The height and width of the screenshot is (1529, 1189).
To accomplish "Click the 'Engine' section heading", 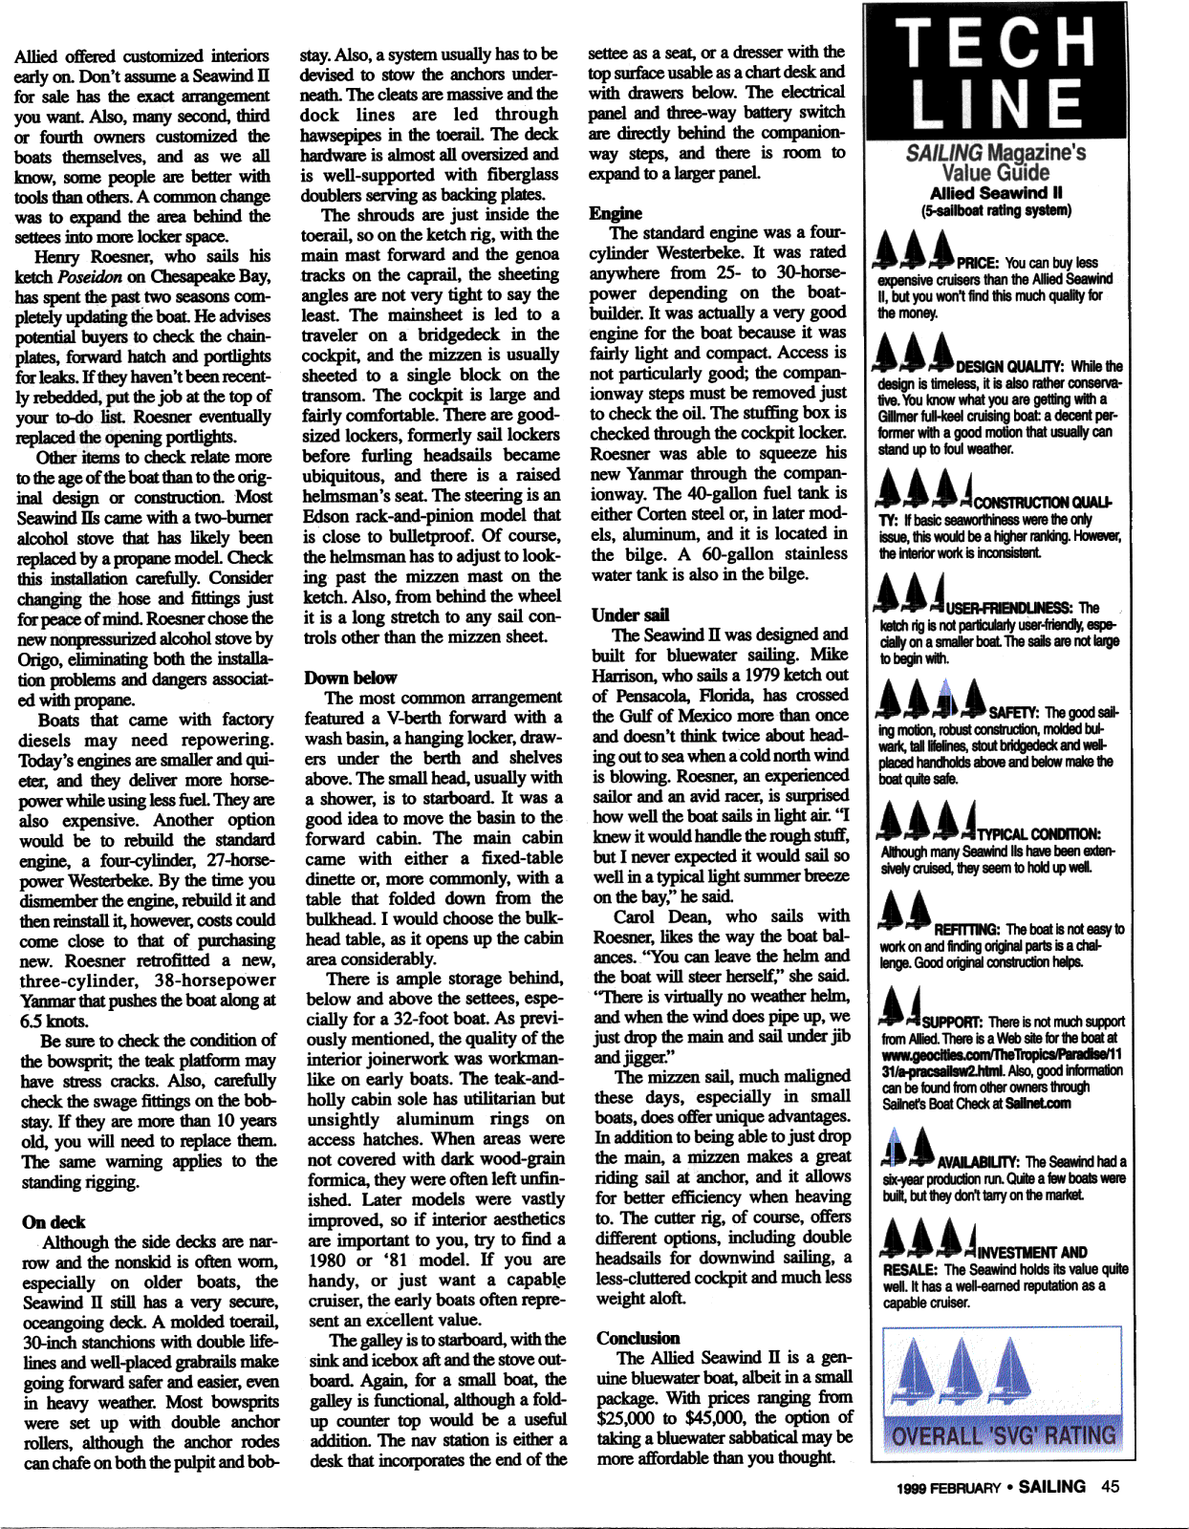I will [x=616, y=213].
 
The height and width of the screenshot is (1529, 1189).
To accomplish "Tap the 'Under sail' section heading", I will [x=630, y=614].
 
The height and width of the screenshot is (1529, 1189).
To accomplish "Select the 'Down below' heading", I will [x=350, y=678].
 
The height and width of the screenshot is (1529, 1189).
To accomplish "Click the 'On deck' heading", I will [x=54, y=1221].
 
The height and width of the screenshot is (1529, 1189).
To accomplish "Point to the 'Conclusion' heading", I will [x=638, y=1338].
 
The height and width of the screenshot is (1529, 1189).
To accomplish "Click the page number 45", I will [x=1110, y=1486].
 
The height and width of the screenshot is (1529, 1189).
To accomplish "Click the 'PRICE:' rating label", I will [x=978, y=263].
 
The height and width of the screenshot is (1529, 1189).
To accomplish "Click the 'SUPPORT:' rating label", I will [x=953, y=1022].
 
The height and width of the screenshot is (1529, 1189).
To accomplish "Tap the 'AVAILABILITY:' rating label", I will [x=980, y=1162].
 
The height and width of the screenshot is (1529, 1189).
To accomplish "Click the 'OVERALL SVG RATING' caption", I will [x=1003, y=1435].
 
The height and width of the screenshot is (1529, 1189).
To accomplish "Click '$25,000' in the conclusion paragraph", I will [x=627, y=1417].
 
